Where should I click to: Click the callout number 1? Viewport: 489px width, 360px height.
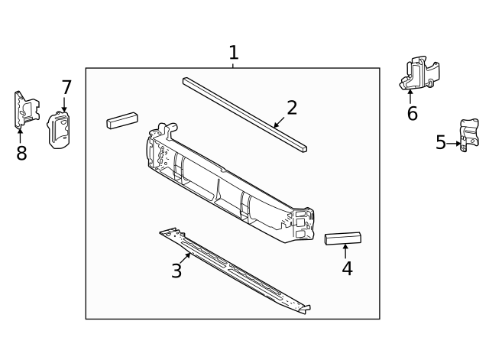233,53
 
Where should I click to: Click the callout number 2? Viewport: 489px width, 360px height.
292,108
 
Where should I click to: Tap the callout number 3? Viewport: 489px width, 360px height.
176,271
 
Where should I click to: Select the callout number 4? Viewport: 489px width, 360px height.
347,268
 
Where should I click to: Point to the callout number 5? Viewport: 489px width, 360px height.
441,142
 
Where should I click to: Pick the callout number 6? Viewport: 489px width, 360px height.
412,114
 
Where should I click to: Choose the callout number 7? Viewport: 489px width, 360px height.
66,87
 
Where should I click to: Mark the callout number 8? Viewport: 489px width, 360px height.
21,153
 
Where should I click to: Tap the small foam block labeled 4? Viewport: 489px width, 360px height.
343,238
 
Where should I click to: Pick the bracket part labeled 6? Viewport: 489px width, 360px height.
418,73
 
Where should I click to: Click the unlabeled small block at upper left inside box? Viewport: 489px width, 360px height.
121,120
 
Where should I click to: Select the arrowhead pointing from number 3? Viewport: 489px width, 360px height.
189,254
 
